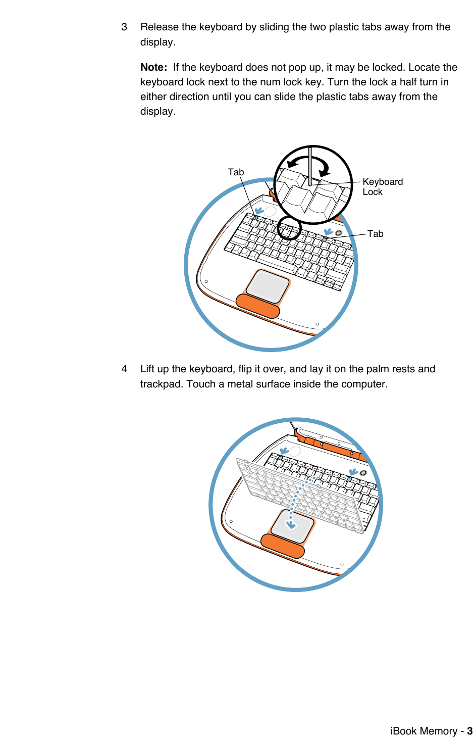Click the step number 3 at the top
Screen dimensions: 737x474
click(x=124, y=27)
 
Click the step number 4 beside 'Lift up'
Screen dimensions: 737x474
click(x=124, y=369)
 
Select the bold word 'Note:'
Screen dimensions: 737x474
click(x=153, y=68)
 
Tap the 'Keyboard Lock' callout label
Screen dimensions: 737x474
click(x=382, y=187)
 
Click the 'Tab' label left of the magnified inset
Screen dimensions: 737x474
click(x=236, y=172)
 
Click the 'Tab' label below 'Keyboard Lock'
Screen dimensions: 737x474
click(x=375, y=234)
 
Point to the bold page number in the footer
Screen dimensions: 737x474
click(x=469, y=731)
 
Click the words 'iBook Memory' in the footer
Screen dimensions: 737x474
click(x=424, y=731)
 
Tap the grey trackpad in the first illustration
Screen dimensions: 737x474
click(x=268, y=286)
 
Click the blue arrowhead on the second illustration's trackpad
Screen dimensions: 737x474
click(x=291, y=524)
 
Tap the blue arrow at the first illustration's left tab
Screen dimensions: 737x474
click(x=258, y=210)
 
